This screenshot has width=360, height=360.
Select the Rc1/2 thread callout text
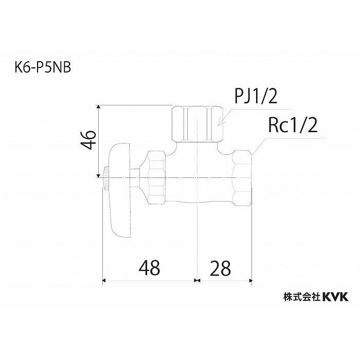tap(291, 125)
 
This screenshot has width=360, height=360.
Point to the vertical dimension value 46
tap(89, 139)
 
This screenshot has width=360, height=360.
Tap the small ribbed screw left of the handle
tap(105, 177)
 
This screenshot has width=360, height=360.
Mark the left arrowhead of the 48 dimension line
tap(106, 280)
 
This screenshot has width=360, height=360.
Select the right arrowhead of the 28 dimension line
tap(249, 280)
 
